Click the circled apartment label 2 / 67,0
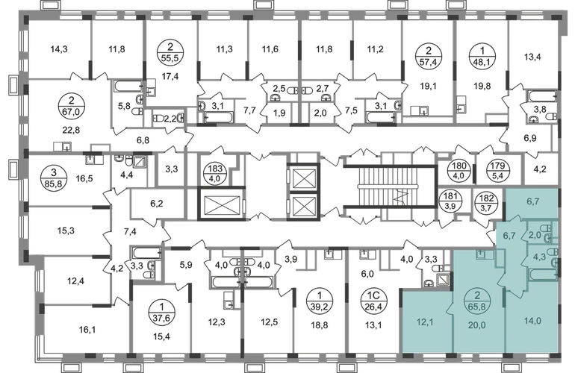pos(71,105)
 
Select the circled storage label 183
pos(215,174)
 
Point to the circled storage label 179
pos(497,171)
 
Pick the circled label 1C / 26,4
pos(371,301)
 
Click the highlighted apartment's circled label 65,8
pos(476,301)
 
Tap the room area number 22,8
pos(71,130)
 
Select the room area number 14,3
pos(59,49)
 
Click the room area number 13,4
pos(532,57)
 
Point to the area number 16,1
pos(87,330)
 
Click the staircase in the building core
pos(390,186)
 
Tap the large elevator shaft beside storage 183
pos(221,204)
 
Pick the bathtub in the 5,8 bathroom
pos(128,87)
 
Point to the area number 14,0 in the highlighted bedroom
pos(533,322)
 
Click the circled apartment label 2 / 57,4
pos(429,57)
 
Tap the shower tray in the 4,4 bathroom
pos(140,162)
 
